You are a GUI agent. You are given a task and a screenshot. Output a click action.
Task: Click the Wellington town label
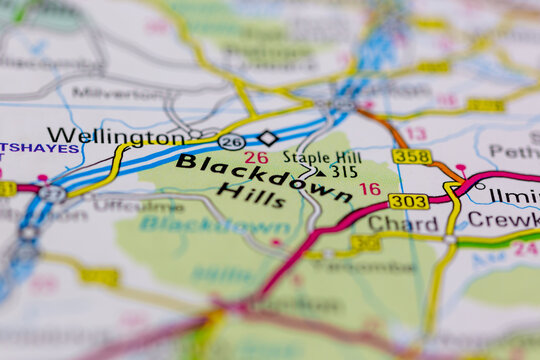point(115,136)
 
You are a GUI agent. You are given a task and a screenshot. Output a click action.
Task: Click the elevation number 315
point(344,172)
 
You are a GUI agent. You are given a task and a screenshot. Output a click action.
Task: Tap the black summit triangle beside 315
point(320,171)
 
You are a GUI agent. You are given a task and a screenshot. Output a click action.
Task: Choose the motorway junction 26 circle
point(232,142)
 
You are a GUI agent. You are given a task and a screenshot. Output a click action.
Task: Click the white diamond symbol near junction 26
point(266,137)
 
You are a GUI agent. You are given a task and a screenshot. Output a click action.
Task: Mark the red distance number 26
point(256,158)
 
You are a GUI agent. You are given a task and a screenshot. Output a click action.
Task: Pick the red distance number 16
point(370,188)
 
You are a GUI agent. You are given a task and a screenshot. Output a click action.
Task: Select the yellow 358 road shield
point(412,156)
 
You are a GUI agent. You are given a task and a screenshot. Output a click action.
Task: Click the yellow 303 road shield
point(408,201)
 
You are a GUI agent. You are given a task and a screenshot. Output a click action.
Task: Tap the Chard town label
point(389,222)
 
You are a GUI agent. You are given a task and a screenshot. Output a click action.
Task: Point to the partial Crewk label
point(503,219)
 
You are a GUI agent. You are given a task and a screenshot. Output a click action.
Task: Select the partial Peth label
point(513,152)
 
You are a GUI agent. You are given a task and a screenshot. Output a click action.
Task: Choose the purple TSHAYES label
point(39,148)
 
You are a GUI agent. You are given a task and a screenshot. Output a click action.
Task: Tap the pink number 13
point(416,133)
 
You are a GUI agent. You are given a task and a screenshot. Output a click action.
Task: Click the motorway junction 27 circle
point(53,194)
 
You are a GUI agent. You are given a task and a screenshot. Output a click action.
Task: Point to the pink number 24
point(525,248)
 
